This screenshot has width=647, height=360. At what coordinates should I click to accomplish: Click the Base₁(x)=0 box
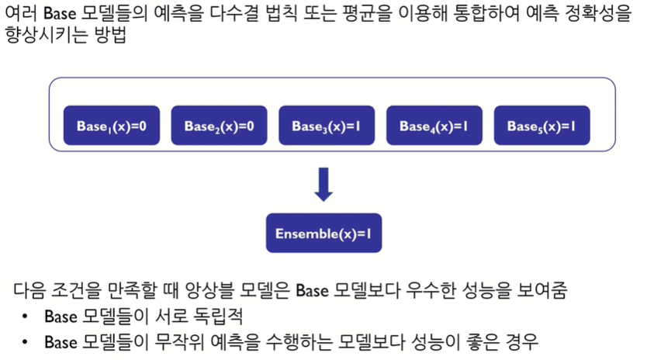(112, 126)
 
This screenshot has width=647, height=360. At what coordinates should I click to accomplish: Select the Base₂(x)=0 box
(220, 126)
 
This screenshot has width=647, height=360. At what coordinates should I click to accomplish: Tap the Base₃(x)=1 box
(327, 126)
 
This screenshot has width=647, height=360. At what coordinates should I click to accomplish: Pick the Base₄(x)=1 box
(434, 126)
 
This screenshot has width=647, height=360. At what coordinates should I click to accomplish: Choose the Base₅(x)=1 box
(541, 126)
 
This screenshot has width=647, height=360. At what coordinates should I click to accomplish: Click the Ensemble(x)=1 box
(323, 233)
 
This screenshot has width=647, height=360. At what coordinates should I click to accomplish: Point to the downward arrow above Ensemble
(323, 185)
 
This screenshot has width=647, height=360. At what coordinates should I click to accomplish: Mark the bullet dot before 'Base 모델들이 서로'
(26, 317)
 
